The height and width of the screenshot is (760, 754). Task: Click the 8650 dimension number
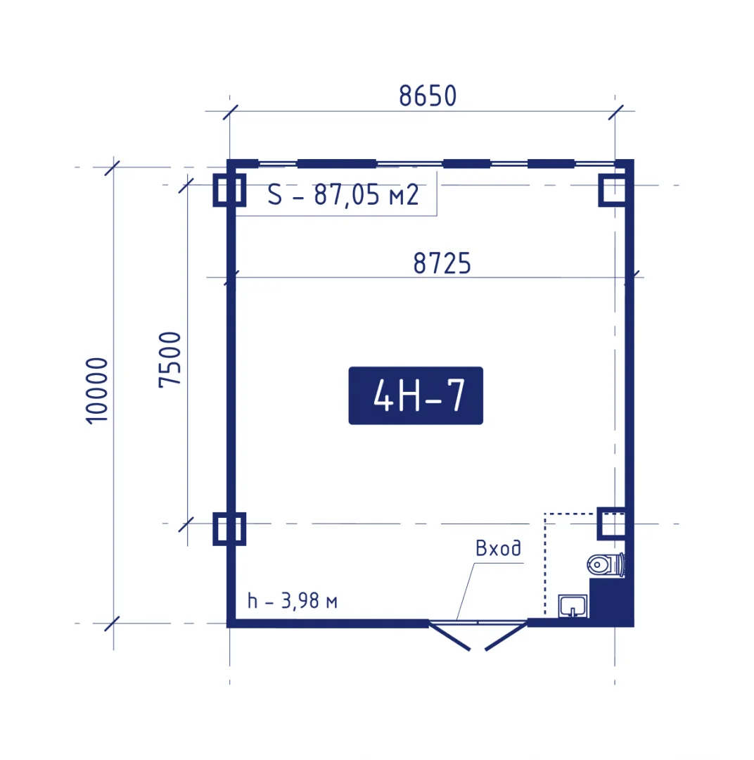point(428,96)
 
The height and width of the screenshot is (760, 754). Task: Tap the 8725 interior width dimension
point(442,263)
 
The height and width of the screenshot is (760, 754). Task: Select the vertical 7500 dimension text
point(170,360)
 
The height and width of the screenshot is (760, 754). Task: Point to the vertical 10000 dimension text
point(97,391)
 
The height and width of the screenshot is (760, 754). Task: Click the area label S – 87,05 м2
point(343,195)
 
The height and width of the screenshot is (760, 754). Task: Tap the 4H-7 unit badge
point(416,395)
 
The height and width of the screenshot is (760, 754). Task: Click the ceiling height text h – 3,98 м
point(292,601)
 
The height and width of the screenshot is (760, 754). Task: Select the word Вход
point(498,548)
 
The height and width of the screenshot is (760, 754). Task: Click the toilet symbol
point(606,564)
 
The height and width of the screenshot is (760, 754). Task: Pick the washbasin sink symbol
point(573,606)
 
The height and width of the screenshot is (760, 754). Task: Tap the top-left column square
point(229,190)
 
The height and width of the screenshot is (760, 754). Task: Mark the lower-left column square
point(229,528)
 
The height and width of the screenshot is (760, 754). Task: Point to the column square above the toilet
point(611,524)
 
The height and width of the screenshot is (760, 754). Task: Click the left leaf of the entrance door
point(449,636)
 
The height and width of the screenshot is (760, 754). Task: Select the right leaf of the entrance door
point(506,636)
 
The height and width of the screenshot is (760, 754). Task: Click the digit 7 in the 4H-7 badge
point(456,395)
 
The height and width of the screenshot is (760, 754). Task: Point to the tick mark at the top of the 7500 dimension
point(186,185)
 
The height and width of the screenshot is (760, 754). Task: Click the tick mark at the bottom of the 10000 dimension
point(113,623)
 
